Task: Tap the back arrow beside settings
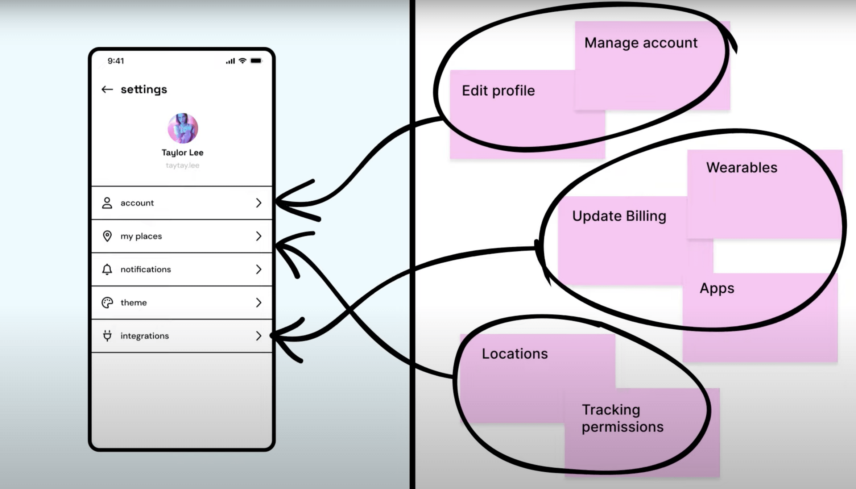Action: click(x=107, y=89)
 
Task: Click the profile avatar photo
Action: click(x=183, y=128)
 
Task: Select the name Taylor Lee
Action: click(x=182, y=152)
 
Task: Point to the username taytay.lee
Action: click(x=182, y=166)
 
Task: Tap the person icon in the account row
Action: click(x=107, y=203)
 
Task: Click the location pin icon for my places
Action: click(x=107, y=236)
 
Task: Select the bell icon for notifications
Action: click(x=107, y=269)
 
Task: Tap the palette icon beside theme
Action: click(x=107, y=302)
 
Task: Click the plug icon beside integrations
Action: click(x=107, y=336)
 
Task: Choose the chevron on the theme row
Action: click(x=259, y=302)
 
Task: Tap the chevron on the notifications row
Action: click(x=259, y=269)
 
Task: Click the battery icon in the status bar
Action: click(x=256, y=61)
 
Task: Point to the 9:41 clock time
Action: click(x=116, y=61)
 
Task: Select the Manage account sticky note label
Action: click(x=641, y=43)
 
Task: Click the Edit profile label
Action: click(x=498, y=91)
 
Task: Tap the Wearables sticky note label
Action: click(x=741, y=168)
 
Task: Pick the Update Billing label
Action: click(x=619, y=216)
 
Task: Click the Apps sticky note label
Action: click(x=717, y=288)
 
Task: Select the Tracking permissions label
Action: click(x=622, y=418)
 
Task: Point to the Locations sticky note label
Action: click(x=514, y=354)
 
